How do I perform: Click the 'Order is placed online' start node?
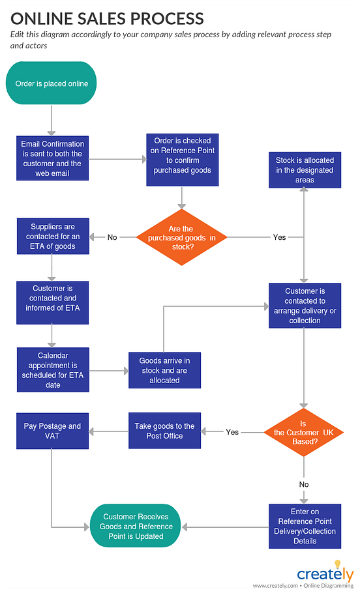(x=52, y=83)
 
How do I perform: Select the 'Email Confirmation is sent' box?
(x=52, y=158)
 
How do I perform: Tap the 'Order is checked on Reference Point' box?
(x=182, y=155)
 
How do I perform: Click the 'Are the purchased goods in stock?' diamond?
(x=182, y=237)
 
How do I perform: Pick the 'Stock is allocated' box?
(x=305, y=169)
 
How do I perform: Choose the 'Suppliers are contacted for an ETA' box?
(x=52, y=237)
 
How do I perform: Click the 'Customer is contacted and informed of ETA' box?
(x=52, y=298)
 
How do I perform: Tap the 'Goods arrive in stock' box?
(x=164, y=370)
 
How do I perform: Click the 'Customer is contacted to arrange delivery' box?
(x=305, y=306)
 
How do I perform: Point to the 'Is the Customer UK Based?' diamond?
(x=304, y=432)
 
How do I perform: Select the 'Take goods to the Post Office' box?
(x=164, y=431)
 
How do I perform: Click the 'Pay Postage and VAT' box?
(x=52, y=431)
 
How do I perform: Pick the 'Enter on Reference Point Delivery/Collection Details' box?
(x=305, y=526)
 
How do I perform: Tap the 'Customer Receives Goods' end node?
(x=136, y=526)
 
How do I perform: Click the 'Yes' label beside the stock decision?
(x=279, y=237)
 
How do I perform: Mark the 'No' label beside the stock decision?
(x=112, y=237)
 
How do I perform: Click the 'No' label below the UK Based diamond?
(x=304, y=484)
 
